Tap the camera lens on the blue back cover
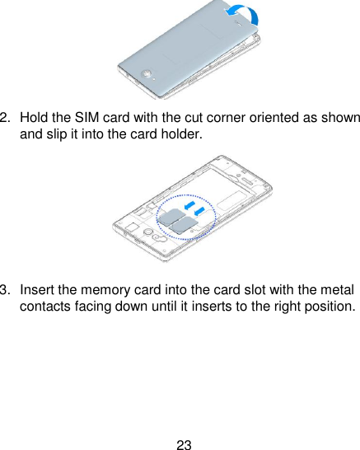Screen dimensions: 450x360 click(146, 73)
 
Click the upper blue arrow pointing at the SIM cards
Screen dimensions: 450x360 click(189, 202)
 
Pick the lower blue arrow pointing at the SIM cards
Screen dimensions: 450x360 click(200, 213)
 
